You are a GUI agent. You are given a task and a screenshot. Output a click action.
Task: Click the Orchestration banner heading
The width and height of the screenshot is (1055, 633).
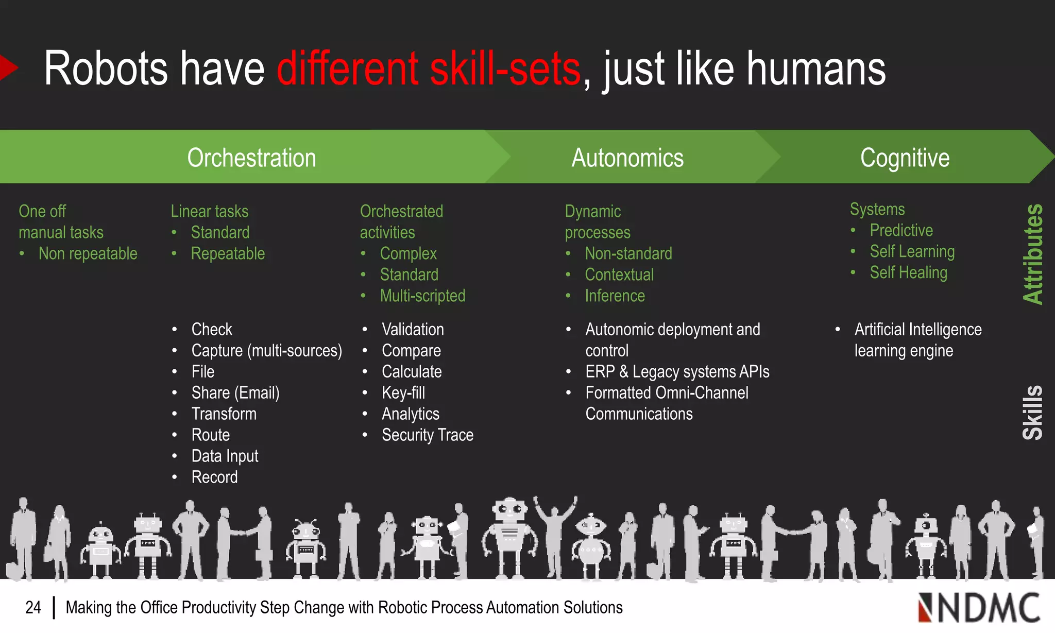coord(251,158)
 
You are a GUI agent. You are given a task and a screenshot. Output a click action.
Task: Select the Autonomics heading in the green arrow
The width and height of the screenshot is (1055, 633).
coord(627,158)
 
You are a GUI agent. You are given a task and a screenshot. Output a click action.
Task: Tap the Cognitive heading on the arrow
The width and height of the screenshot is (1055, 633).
coord(905,158)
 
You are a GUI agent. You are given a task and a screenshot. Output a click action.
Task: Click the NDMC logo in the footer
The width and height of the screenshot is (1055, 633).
coord(978,608)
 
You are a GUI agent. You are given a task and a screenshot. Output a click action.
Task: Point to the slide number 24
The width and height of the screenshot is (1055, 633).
coord(33,608)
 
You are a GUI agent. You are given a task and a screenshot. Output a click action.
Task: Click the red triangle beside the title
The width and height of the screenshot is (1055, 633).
coord(8,67)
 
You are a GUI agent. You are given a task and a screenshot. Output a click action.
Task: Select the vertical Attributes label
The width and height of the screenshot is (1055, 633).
coord(1032,254)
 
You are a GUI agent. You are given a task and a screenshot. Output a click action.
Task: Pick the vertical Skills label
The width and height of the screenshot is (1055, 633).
coord(1032,412)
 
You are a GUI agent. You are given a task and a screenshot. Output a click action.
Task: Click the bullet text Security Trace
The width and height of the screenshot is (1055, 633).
coord(427,435)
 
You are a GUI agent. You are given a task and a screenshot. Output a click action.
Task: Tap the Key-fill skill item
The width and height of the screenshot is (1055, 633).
coord(403,393)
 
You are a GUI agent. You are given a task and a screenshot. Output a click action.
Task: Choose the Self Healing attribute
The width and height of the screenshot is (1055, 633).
coord(908,272)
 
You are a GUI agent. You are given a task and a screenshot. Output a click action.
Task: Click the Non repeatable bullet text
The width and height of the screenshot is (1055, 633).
coord(88,253)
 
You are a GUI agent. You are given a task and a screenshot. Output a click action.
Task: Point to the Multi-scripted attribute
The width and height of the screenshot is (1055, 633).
coord(422,296)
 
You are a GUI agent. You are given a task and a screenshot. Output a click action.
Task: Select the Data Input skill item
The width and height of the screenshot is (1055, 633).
coord(225,456)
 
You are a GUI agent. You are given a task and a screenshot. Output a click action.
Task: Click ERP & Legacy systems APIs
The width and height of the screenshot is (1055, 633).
coord(677,372)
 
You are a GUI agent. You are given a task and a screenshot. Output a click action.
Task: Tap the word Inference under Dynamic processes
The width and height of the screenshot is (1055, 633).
coord(615,296)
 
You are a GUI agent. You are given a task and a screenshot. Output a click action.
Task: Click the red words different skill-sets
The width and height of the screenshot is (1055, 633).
coord(429,69)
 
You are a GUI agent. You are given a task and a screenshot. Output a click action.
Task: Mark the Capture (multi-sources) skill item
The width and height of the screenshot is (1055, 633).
coord(266,351)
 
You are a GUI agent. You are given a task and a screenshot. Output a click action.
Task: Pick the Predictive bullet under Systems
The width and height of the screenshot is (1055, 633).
coord(901,230)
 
